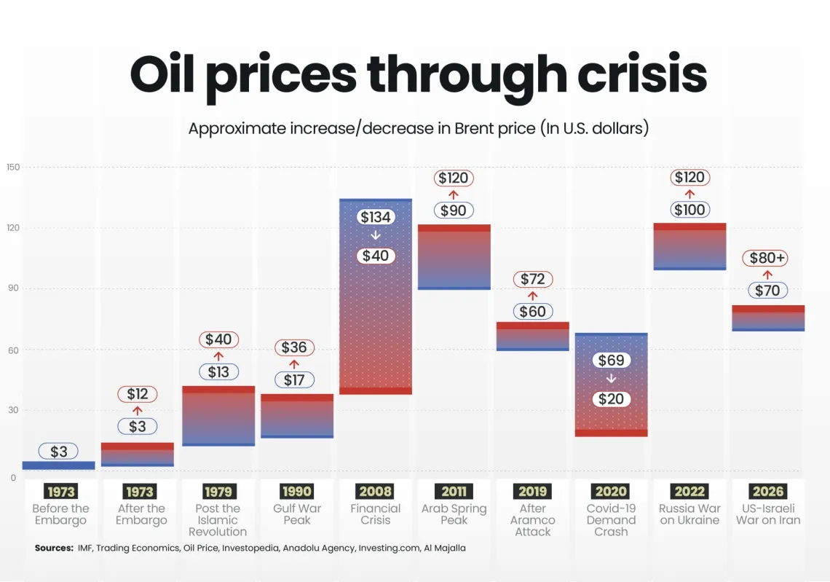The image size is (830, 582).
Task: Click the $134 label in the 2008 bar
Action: click(376, 217)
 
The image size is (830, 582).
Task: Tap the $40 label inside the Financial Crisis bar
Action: click(376, 256)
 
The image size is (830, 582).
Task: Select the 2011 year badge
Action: click(454, 492)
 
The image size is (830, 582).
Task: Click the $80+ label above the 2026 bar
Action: click(767, 258)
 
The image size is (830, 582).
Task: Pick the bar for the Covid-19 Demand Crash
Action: click(611, 385)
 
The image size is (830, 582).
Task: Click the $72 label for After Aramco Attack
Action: click(533, 279)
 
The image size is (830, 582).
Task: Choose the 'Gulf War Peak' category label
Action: click(297, 514)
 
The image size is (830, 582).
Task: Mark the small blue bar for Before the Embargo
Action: click(58, 465)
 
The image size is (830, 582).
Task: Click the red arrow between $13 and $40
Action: click(218, 356)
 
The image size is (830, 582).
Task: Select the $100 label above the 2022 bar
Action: click(689, 210)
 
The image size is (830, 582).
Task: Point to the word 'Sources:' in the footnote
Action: click(54, 548)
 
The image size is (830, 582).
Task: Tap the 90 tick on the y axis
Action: click(13, 288)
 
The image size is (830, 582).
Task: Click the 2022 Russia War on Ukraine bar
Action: click(689, 246)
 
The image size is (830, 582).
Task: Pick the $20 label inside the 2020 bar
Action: click(611, 399)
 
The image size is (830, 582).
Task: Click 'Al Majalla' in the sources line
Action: click(445, 548)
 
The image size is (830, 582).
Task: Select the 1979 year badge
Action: click(218, 492)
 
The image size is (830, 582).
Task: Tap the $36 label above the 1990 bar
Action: click(294, 347)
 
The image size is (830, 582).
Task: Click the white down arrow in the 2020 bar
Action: click(611, 379)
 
